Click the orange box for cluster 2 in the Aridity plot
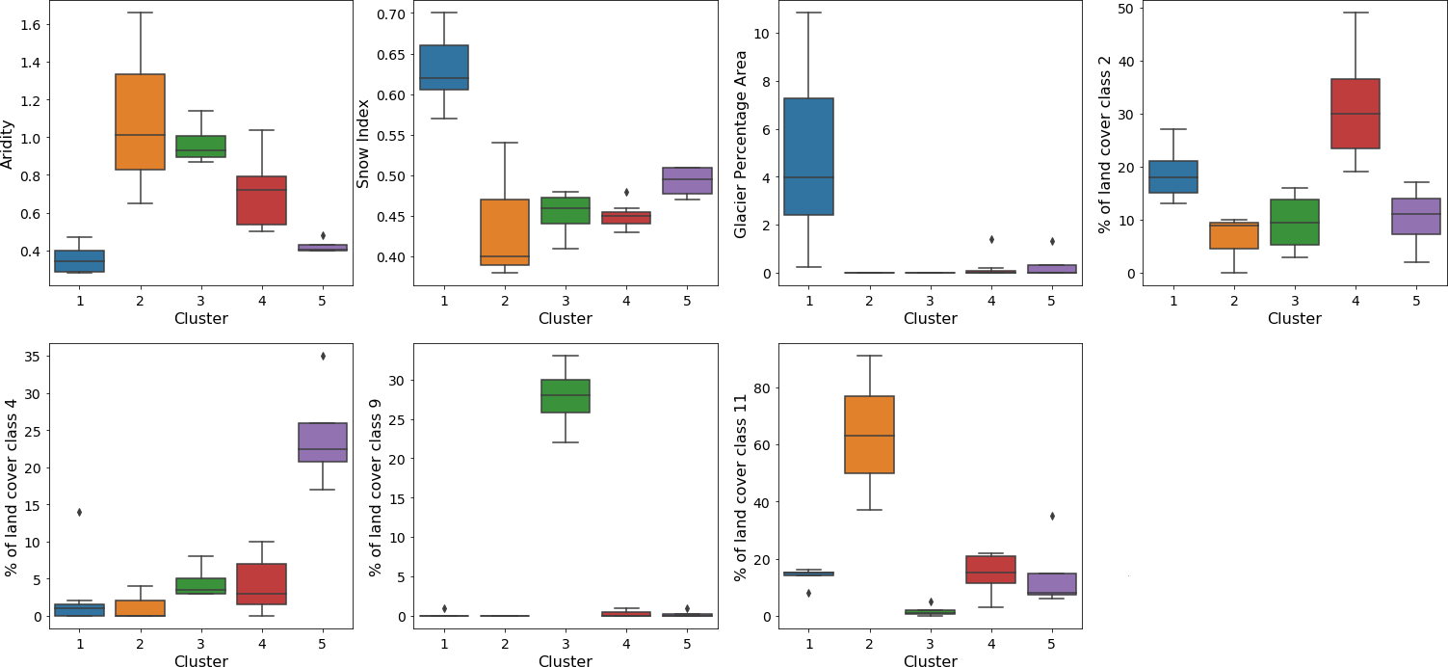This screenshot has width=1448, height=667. click(140, 121)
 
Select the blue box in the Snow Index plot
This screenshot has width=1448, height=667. click(444, 67)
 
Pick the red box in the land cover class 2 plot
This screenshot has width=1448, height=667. click(1355, 114)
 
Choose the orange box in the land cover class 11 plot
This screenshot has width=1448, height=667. click(869, 435)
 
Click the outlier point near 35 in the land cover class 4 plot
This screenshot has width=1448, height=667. click(323, 356)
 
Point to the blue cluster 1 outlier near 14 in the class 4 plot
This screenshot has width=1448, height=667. click(80, 512)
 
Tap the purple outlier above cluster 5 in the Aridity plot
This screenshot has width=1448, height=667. click(323, 235)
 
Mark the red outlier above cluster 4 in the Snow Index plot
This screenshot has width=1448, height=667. click(626, 192)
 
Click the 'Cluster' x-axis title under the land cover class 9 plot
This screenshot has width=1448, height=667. click(566, 661)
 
